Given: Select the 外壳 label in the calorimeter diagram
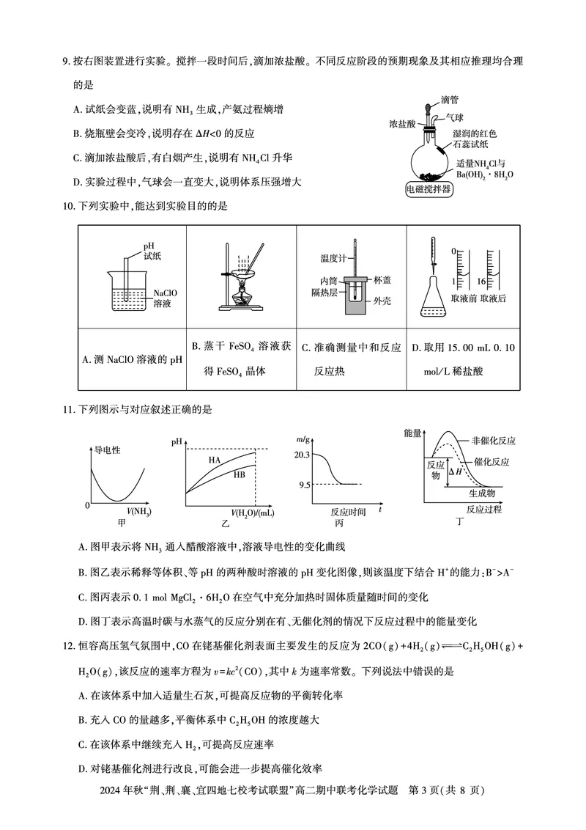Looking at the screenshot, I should [382, 301].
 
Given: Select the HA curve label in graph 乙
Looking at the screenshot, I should [215, 460].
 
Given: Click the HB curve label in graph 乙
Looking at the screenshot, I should [239, 475].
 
